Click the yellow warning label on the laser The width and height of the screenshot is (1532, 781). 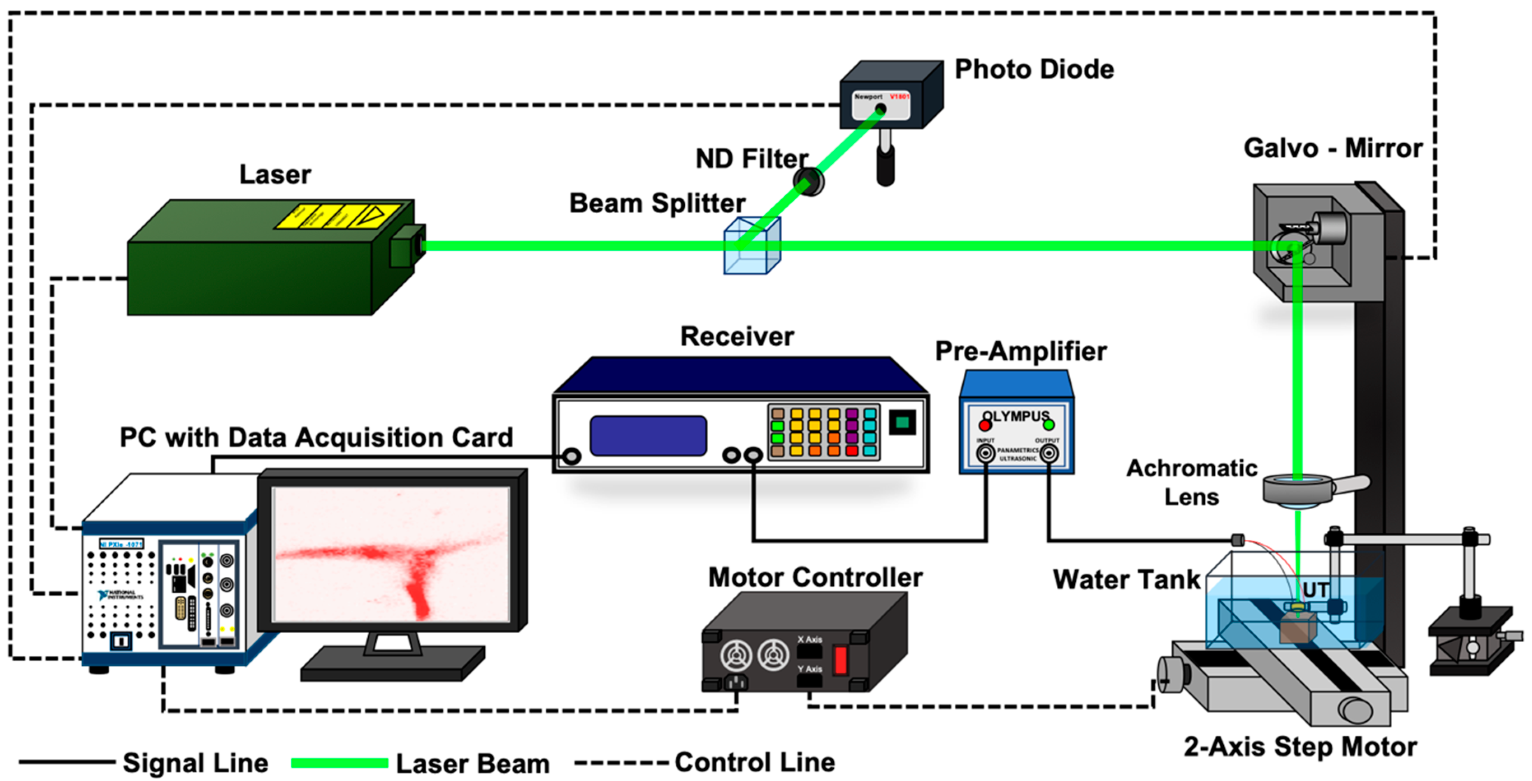click(337, 217)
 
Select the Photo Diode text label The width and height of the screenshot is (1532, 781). click(1034, 70)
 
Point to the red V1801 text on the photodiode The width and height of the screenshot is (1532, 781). click(899, 96)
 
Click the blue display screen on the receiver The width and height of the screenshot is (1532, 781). click(648, 436)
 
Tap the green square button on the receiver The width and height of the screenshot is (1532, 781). click(902, 422)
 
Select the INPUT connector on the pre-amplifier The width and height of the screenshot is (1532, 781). click(986, 454)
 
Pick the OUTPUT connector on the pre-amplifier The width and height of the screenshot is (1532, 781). click(1048, 454)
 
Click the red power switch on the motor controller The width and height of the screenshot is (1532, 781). click(840, 660)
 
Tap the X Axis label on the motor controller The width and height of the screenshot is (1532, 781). click(809, 639)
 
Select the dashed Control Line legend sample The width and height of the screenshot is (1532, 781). click(621, 762)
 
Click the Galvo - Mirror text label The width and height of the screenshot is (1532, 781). click(1332, 149)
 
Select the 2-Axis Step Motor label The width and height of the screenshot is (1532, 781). click(1300, 746)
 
